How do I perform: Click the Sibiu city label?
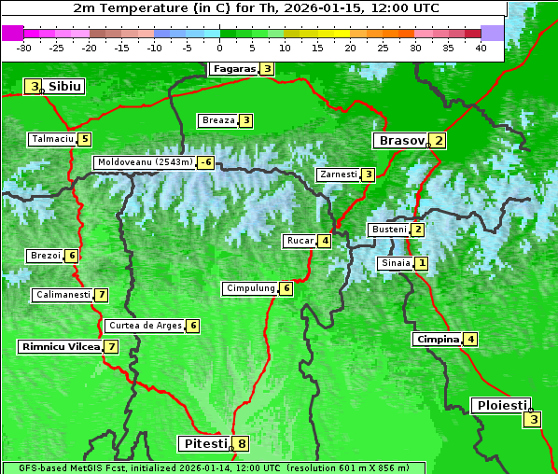click(64, 87)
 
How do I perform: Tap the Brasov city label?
click(400, 141)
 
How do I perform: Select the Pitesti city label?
click(203, 443)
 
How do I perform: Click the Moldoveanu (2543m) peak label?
click(145, 162)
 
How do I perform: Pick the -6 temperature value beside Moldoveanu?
click(205, 162)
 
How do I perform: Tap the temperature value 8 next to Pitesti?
click(241, 443)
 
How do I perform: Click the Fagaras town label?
click(233, 68)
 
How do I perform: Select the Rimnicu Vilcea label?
click(58, 346)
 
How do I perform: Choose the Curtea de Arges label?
click(144, 326)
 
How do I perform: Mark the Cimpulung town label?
click(250, 288)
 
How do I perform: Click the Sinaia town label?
click(395, 263)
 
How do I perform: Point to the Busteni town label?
click(388, 230)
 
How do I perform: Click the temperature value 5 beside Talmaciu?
click(84, 139)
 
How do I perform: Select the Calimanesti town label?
click(63, 295)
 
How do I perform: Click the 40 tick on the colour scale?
click(481, 47)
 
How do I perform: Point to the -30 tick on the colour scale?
click(24, 47)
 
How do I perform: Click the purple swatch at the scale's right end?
click(493, 33)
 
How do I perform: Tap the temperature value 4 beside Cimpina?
click(471, 340)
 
